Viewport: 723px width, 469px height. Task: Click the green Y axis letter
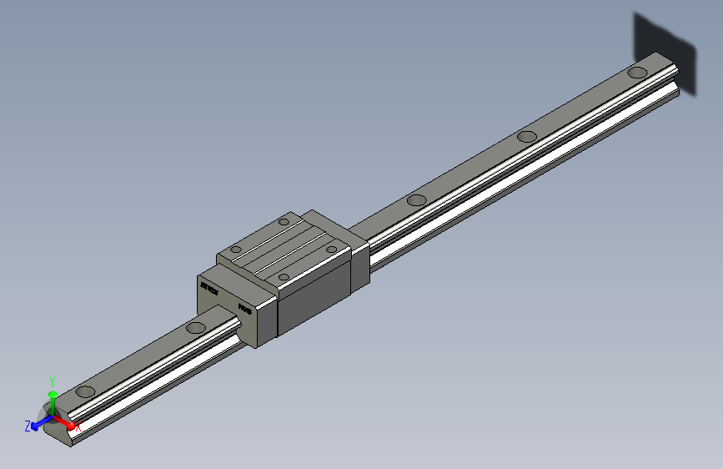click(x=52, y=380)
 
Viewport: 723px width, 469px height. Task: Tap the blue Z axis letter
click(x=28, y=426)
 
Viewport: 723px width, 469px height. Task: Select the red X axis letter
click(x=78, y=427)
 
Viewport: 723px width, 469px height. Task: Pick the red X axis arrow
click(x=65, y=421)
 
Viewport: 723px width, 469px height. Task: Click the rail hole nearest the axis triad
click(x=85, y=391)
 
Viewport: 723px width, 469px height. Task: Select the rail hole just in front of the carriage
click(x=196, y=327)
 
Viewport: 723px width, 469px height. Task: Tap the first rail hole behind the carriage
click(x=417, y=200)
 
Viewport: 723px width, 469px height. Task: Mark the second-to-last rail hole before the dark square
click(x=526, y=137)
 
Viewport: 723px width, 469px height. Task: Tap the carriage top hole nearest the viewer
click(x=284, y=275)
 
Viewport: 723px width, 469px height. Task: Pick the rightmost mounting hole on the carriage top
click(x=332, y=249)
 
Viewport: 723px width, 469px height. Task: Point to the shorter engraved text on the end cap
click(x=245, y=309)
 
